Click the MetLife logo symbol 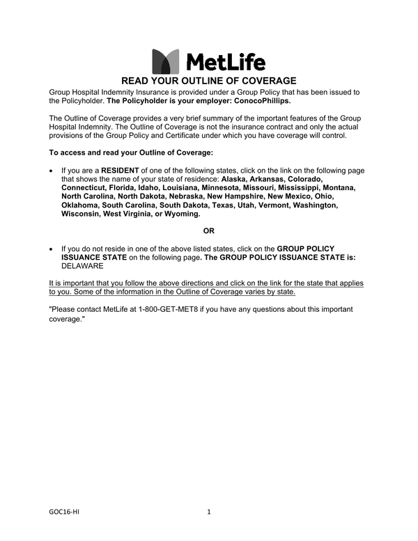click(x=164, y=61)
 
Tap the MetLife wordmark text click(x=224, y=62)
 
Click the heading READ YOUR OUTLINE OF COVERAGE click(x=209, y=81)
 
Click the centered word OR click(x=209, y=231)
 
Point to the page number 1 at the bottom click(x=208, y=512)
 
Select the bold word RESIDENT click(x=121, y=170)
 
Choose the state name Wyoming click(x=180, y=214)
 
